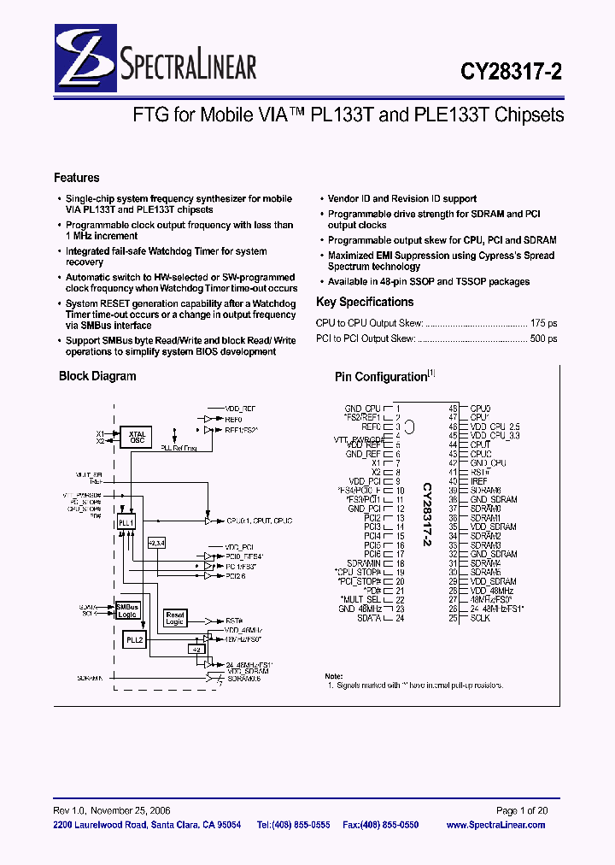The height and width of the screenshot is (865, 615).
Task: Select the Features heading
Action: click(x=77, y=178)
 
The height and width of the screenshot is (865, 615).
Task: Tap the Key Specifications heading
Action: click(x=365, y=302)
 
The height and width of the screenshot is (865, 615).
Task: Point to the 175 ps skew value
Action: click(x=544, y=324)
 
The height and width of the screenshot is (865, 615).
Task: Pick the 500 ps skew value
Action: click(x=544, y=338)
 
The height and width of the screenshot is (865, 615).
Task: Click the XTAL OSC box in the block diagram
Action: click(x=137, y=438)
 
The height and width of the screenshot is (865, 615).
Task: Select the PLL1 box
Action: click(x=126, y=521)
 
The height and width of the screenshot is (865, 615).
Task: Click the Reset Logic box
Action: click(x=174, y=618)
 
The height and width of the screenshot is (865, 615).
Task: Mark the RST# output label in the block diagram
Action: click(x=234, y=621)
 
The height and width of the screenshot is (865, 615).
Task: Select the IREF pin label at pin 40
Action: click(x=479, y=481)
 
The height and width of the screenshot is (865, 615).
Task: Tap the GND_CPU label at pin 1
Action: click(x=362, y=409)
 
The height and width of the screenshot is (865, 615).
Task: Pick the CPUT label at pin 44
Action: click(x=480, y=444)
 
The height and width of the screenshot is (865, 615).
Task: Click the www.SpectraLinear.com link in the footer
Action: click(x=495, y=825)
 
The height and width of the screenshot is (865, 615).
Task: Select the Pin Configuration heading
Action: click(x=381, y=376)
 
